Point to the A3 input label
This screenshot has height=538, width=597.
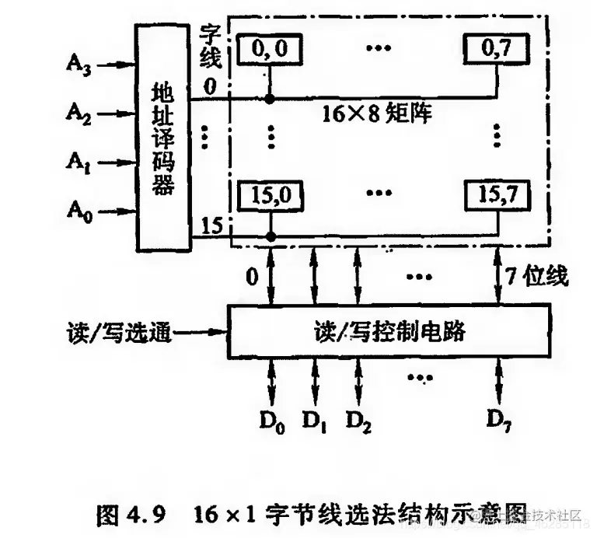79,65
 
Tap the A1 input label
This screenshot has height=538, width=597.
79,162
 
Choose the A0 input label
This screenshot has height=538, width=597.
79,210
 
